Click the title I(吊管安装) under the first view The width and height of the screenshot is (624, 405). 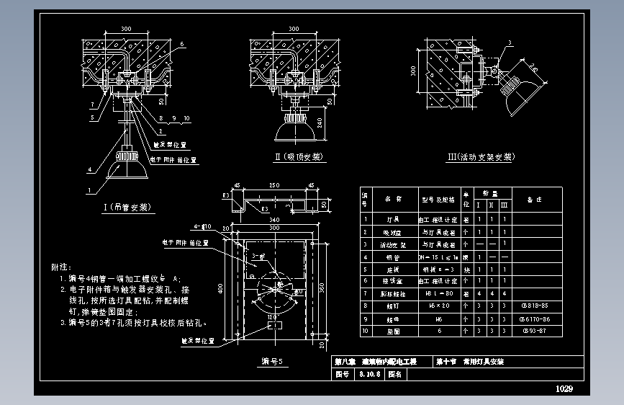tap(128, 208)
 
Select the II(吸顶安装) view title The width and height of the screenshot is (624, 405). tap(297, 157)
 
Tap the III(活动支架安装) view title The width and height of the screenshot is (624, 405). tap(480, 157)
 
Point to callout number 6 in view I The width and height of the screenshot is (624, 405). tap(182, 45)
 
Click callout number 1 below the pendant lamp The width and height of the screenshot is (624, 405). tap(89, 191)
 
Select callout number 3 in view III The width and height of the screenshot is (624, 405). tap(509, 44)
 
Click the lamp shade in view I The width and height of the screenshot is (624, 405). tap(128, 170)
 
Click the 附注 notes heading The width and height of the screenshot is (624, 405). tap(62, 267)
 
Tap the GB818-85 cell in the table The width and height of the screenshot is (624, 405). tap(533, 306)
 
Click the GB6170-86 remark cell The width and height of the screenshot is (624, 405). tap(533, 319)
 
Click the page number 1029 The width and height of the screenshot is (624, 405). tap(564, 389)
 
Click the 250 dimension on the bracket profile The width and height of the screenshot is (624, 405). tap(274, 186)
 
